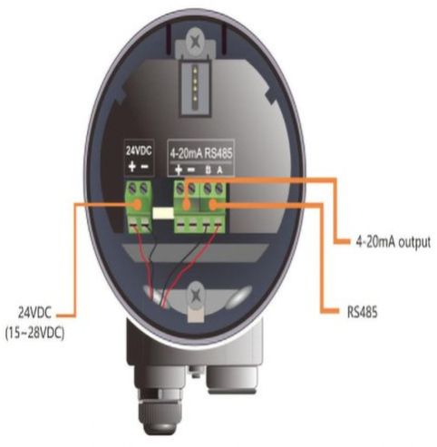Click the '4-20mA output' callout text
[x=393, y=242]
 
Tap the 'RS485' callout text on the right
[x=363, y=312]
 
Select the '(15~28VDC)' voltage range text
[x=34, y=334]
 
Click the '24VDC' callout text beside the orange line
[x=35, y=313]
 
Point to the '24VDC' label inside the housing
[x=139, y=151]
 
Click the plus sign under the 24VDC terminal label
[x=131, y=167]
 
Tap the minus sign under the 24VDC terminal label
[x=145, y=167]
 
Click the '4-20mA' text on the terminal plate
[x=186, y=153]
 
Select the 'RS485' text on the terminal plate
[x=218, y=153]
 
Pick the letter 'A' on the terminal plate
[x=219, y=170]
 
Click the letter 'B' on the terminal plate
[x=208, y=170]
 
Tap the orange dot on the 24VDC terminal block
[x=138, y=205]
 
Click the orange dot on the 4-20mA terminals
[x=187, y=206]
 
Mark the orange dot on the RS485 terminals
[x=213, y=205]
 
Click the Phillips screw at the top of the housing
[x=196, y=39]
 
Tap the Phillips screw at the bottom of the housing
[x=196, y=294]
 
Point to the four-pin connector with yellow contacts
[x=195, y=85]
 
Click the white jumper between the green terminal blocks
[x=163, y=213]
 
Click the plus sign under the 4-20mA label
[x=179, y=170]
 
